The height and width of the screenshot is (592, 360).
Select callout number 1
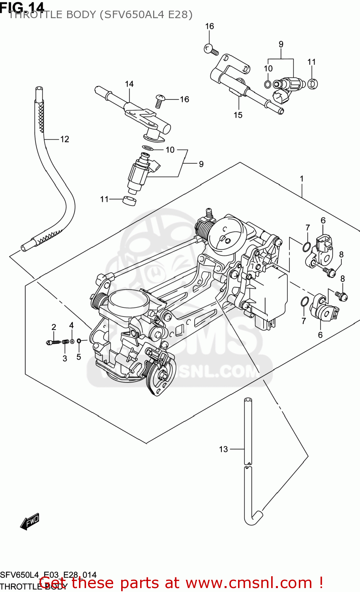pyautogui.click(x=302, y=179)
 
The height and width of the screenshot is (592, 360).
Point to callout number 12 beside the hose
pyautogui.click(x=64, y=139)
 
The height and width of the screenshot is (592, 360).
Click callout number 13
pyautogui.click(x=223, y=449)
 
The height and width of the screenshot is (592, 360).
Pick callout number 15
pyautogui.click(x=238, y=115)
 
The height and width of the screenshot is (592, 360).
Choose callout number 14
pyautogui.click(x=129, y=84)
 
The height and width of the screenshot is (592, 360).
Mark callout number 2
pyautogui.click(x=54, y=327)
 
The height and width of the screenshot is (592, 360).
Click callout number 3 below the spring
pyautogui.click(x=65, y=358)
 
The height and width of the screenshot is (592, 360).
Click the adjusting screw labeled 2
pyautogui.click(x=52, y=342)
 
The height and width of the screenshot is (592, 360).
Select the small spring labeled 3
pyautogui.click(x=66, y=342)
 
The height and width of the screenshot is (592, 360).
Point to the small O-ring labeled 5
pyautogui.click(x=79, y=341)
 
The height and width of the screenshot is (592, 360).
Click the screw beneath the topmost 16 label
pyautogui.click(x=210, y=50)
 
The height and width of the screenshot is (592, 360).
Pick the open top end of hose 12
pyautogui.click(x=39, y=90)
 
